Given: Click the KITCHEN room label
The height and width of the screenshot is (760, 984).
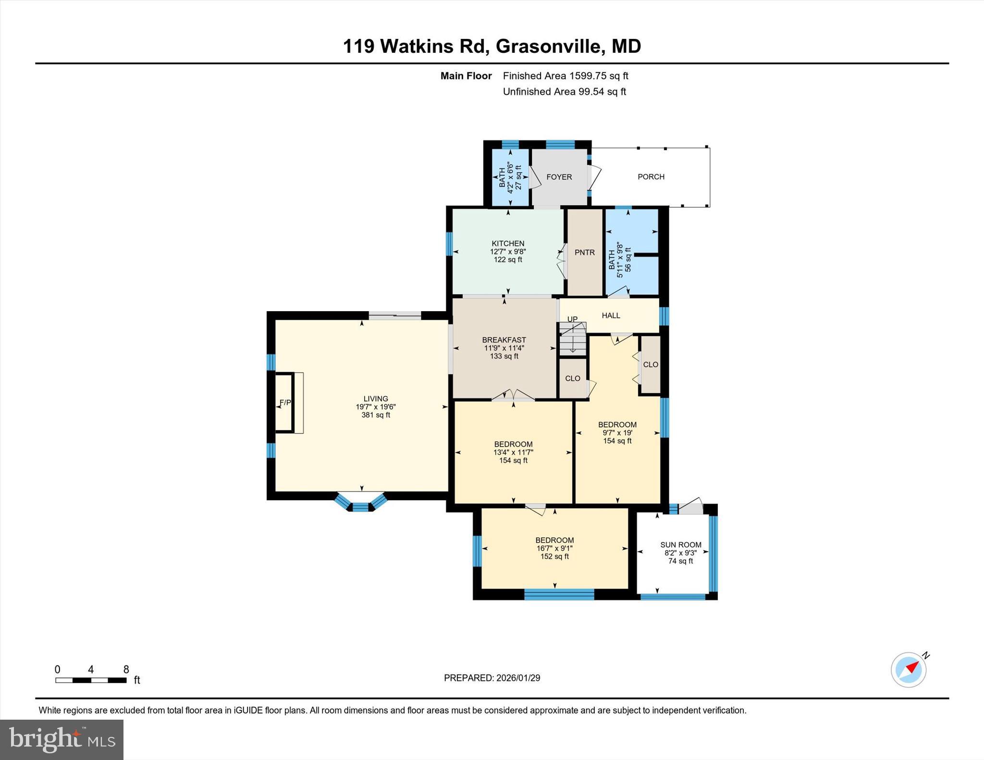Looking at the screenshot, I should [x=508, y=243].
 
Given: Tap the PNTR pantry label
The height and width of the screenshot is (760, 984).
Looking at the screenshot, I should [x=584, y=253].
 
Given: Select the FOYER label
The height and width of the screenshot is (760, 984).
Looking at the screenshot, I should [x=559, y=177].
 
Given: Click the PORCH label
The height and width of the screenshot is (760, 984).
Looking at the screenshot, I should [x=651, y=177].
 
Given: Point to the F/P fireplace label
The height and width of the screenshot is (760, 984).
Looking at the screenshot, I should [x=285, y=402].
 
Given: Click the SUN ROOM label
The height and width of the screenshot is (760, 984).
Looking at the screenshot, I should [x=680, y=545].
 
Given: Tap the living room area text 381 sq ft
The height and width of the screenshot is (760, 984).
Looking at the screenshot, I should [x=375, y=415].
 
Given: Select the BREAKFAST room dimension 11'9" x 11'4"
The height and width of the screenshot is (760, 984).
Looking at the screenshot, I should [x=504, y=348].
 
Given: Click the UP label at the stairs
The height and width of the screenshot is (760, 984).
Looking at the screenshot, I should [x=572, y=319].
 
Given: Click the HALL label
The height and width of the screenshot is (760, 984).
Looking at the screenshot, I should [x=611, y=315].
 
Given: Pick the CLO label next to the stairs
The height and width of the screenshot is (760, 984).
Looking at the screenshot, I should [x=572, y=378].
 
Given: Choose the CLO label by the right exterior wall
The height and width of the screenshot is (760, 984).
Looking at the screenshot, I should [x=650, y=364].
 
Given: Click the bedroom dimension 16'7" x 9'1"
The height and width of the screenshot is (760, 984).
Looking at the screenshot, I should [x=554, y=548].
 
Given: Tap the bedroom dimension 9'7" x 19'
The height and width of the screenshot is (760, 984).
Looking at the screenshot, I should [x=617, y=433].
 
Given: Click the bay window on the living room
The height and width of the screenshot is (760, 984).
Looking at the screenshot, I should [x=360, y=504].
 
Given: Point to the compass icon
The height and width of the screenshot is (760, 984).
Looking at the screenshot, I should [x=909, y=670].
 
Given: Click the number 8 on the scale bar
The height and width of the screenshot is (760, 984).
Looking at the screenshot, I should [x=126, y=670].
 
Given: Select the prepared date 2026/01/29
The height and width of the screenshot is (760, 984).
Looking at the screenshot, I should [x=518, y=678].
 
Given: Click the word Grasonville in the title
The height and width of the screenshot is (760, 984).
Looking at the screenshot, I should [x=548, y=47].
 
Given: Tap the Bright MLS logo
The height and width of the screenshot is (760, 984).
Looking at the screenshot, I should [x=61, y=739].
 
